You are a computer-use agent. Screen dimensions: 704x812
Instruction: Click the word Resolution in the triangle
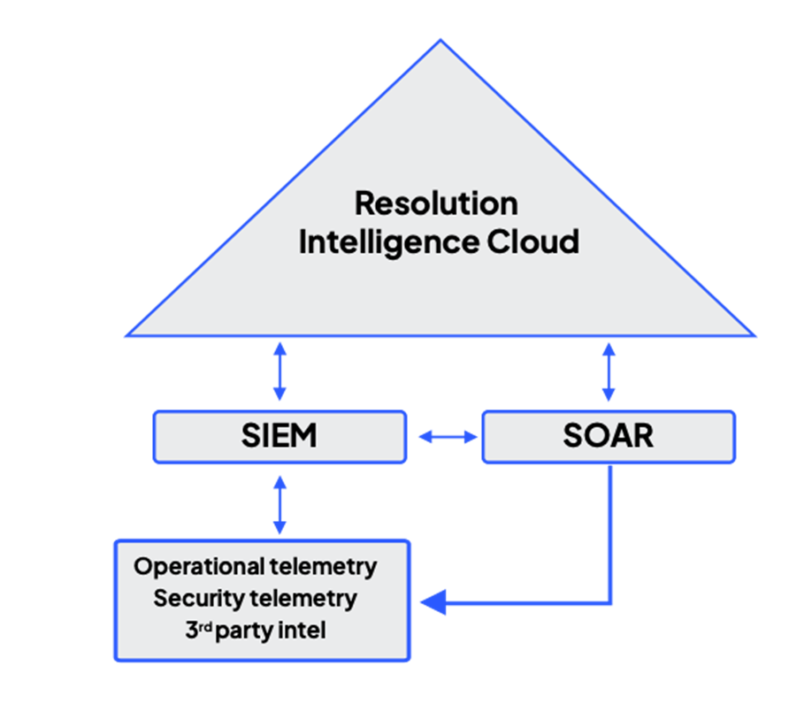click(436, 203)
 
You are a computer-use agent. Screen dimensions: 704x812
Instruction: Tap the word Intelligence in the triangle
click(387, 241)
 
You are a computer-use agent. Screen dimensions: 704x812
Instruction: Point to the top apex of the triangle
click(440, 40)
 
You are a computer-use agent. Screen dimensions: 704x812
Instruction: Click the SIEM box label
click(279, 436)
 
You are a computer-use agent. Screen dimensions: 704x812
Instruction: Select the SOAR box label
click(608, 436)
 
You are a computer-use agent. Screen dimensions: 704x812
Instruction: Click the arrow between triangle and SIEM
click(280, 372)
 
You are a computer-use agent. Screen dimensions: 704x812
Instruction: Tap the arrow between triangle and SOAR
click(609, 372)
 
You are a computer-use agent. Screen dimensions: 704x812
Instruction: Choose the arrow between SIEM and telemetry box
click(280, 504)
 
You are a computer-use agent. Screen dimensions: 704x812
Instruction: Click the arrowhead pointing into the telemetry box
click(431, 604)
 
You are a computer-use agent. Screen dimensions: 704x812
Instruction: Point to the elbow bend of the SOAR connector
click(611, 604)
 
